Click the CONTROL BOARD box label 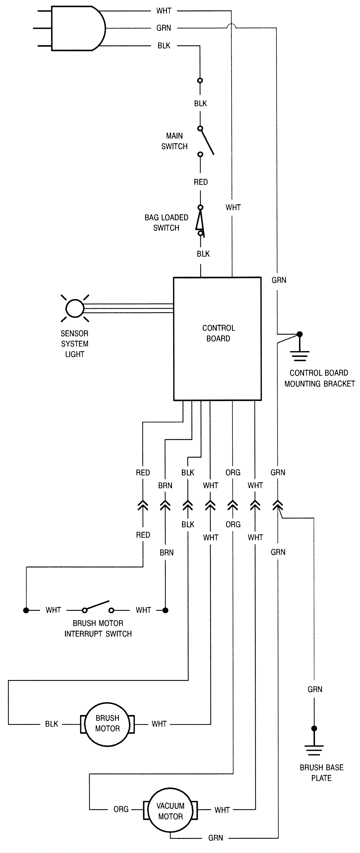[x=218, y=333]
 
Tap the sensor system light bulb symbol [x=75, y=308]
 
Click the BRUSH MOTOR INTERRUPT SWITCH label [x=98, y=629]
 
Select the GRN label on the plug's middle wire [x=164, y=28]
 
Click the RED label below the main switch [x=201, y=182]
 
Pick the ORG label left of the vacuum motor [x=121, y=809]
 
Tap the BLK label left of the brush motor [x=52, y=724]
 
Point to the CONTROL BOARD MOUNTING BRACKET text [x=319, y=378]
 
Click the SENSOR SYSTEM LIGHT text [x=74, y=344]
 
